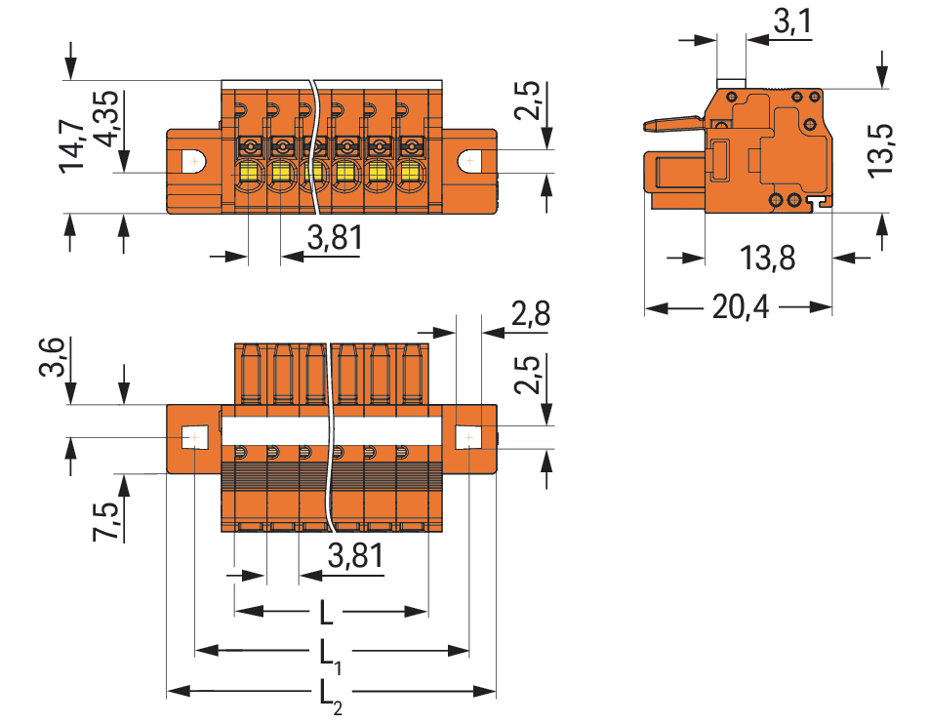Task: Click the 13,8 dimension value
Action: click(767, 259)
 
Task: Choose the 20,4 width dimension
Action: click(741, 308)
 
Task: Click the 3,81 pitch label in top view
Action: click(335, 237)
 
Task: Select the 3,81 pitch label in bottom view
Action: click(355, 557)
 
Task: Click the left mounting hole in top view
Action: click(194, 159)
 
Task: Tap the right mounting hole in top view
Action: click(470, 159)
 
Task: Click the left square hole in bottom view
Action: click(193, 437)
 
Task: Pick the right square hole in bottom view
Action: click(469, 437)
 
